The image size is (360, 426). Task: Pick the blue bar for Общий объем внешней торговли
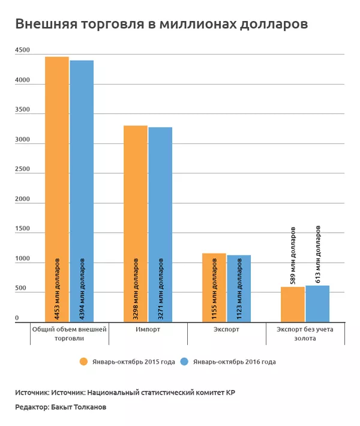coord(82,191)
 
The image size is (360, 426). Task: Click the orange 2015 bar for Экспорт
coord(214,288)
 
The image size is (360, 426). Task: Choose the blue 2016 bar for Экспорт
coord(239,289)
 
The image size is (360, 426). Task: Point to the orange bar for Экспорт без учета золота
coord(293,305)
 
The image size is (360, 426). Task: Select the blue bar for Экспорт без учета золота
coord(317,304)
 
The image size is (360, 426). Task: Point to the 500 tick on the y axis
coord(20,289)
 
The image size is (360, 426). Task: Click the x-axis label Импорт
coord(148,330)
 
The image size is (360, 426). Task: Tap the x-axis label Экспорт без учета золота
coord(305,334)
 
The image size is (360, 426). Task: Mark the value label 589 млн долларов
coord(293,254)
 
